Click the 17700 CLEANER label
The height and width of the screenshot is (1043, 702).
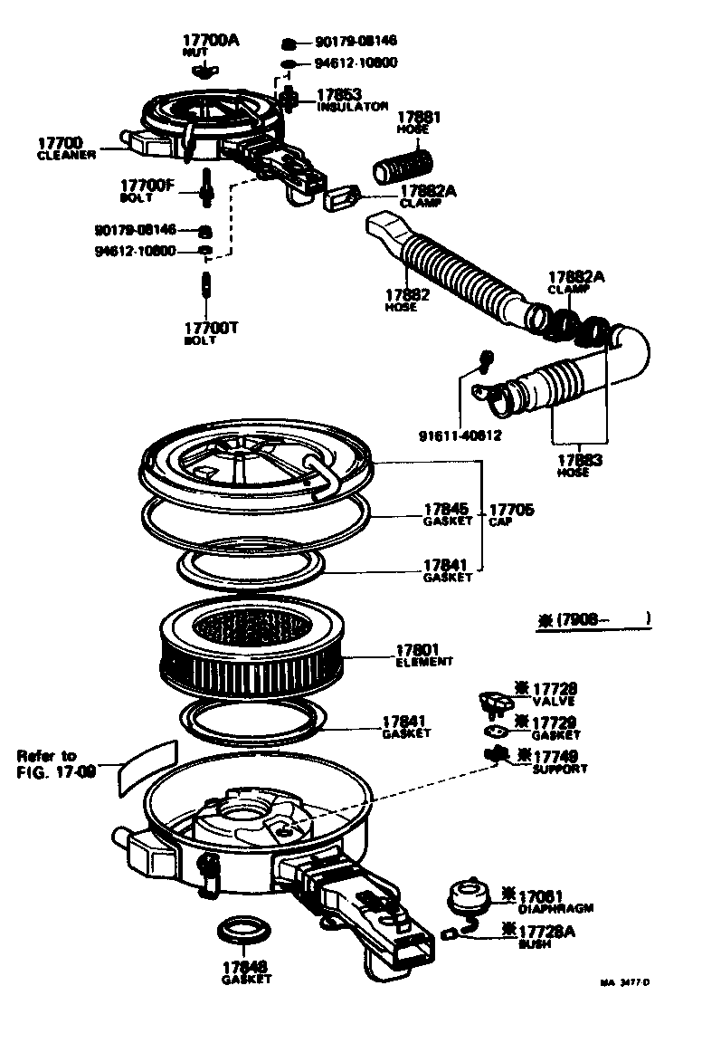click(61, 148)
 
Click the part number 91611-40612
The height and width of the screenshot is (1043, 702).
click(460, 435)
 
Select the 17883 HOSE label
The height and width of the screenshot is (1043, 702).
click(579, 464)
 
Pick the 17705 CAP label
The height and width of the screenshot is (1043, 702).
click(511, 514)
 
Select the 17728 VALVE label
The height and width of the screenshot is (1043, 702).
click(552, 694)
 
